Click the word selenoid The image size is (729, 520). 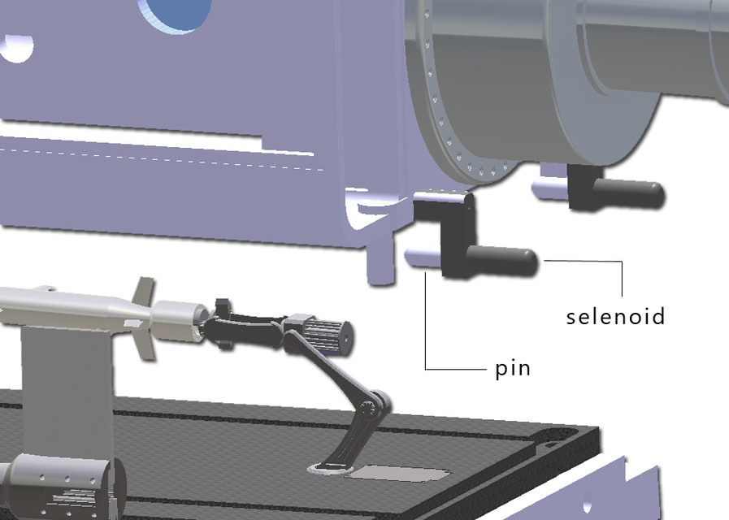point(615,315)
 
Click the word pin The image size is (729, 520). point(513,368)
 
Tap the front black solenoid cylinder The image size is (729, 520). point(505,261)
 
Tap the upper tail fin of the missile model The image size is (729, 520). point(143,290)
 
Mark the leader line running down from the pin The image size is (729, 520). point(427,325)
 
